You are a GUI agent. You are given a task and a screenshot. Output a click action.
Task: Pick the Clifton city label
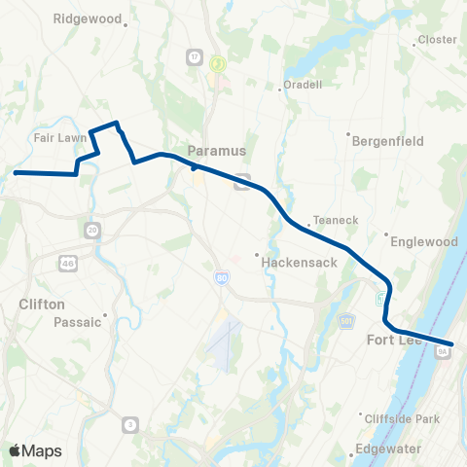42,305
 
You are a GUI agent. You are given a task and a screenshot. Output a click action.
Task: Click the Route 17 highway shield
194,57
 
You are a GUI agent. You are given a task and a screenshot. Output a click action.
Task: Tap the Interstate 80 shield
222,279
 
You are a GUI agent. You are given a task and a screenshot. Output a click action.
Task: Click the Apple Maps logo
36,450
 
